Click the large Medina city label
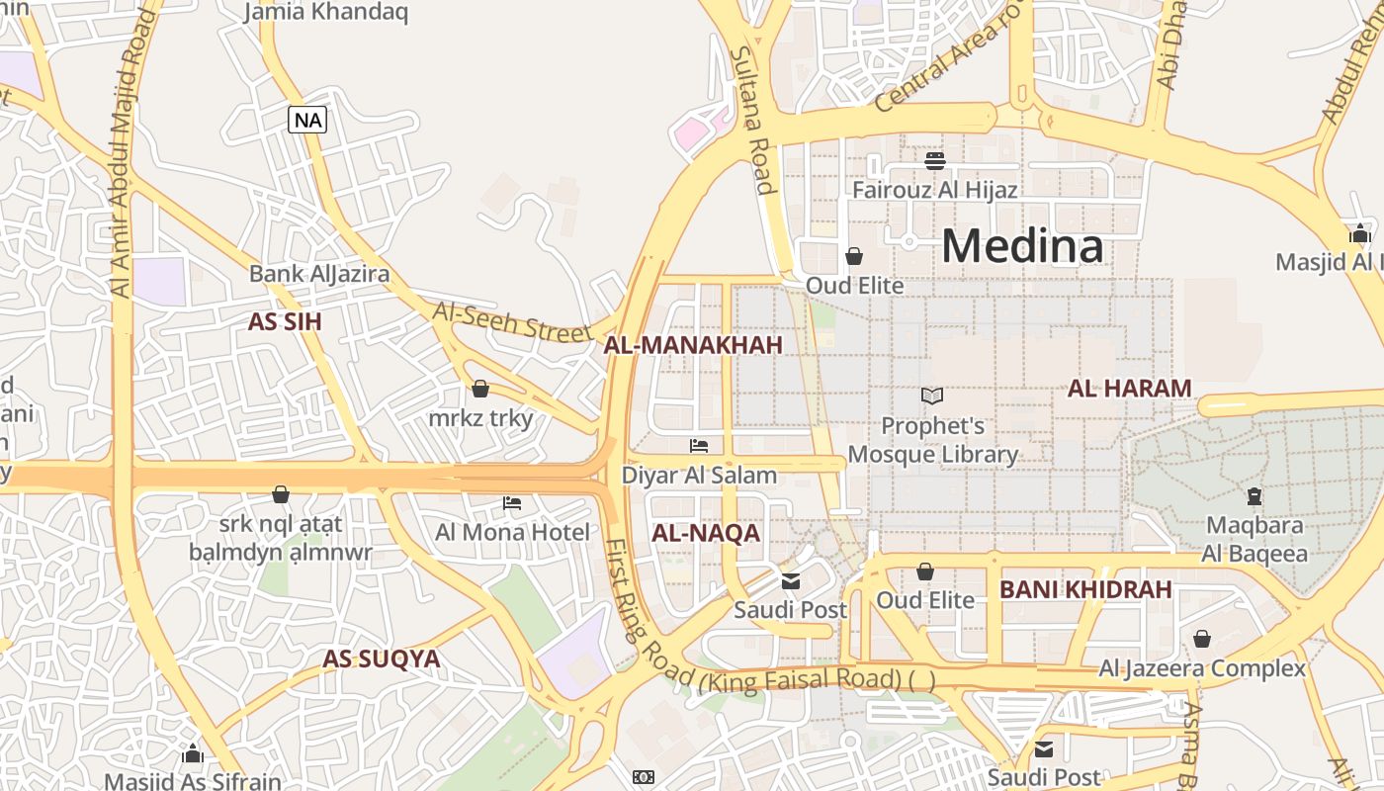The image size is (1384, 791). pyautogui.click(x=1022, y=245)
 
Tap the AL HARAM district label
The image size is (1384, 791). pyautogui.click(x=1129, y=389)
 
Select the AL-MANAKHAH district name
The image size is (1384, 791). pyautogui.click(x=693, y=345)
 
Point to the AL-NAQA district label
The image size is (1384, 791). pyautogui.click(x=706, y=534)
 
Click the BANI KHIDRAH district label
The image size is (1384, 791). pyautogui.click(x=1085, y=590)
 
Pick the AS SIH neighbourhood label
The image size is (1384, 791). pyautogui.click(x=285, y=322)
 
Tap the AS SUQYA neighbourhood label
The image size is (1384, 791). pyautogui.click(x=382, y=659)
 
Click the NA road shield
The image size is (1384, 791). pyautogui.click(x=307, y=121)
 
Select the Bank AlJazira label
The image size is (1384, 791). pyautogui.click(x=319, y=274)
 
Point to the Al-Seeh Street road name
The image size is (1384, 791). pyautogui.click(x=512, y=320)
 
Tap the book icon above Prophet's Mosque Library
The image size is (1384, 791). pyautogui.click(x=932, y=395)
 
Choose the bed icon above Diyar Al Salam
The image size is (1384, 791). pyautogui.click(x=699, y=446)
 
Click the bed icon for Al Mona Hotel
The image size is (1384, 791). pyautogui.click(x=512, y=503)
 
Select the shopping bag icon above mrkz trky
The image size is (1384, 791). pyautogui.click(x=480, y=389)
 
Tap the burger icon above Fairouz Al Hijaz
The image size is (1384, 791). pyautogui.click(x=935, y=160)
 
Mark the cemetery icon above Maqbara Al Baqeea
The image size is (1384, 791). pyautogui.click(x=1254, y=496)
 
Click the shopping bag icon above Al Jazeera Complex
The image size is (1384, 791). pyautogui.click(x=1202, y=640)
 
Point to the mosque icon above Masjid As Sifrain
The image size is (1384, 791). pyautogui.click(x=193, y=754)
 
